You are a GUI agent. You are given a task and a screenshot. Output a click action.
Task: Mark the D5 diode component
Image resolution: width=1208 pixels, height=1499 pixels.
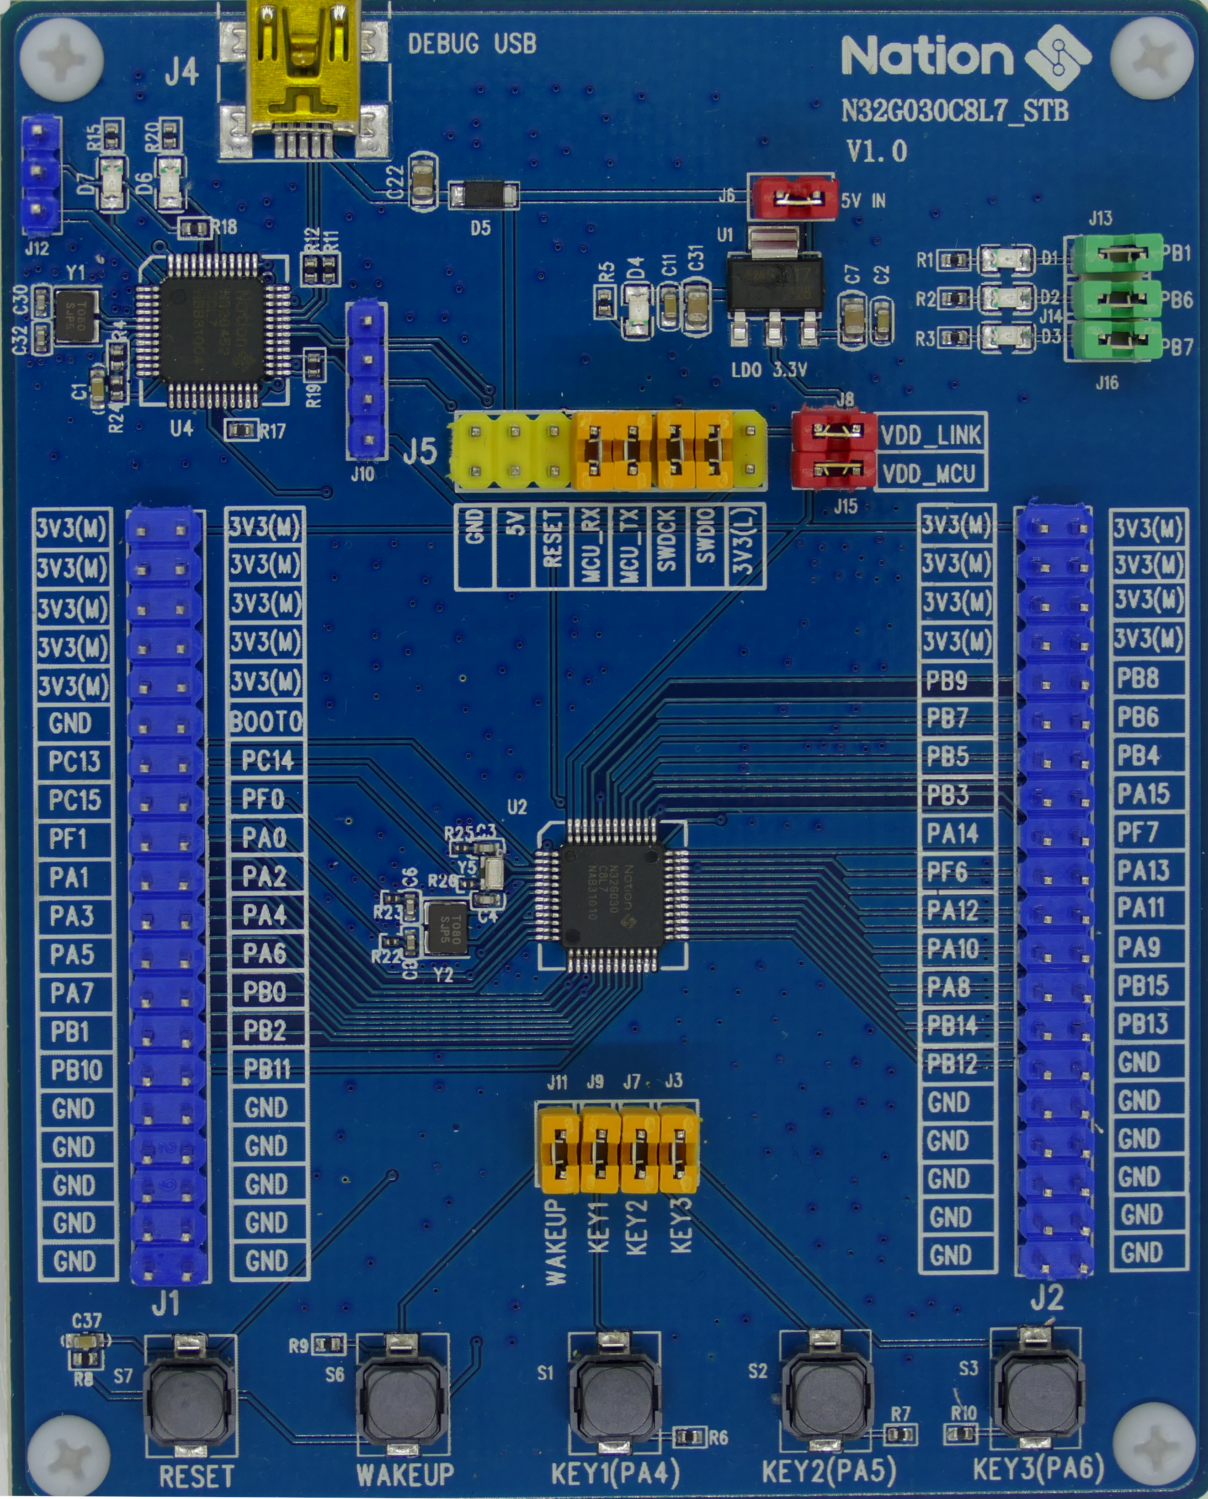click(483, 195)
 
